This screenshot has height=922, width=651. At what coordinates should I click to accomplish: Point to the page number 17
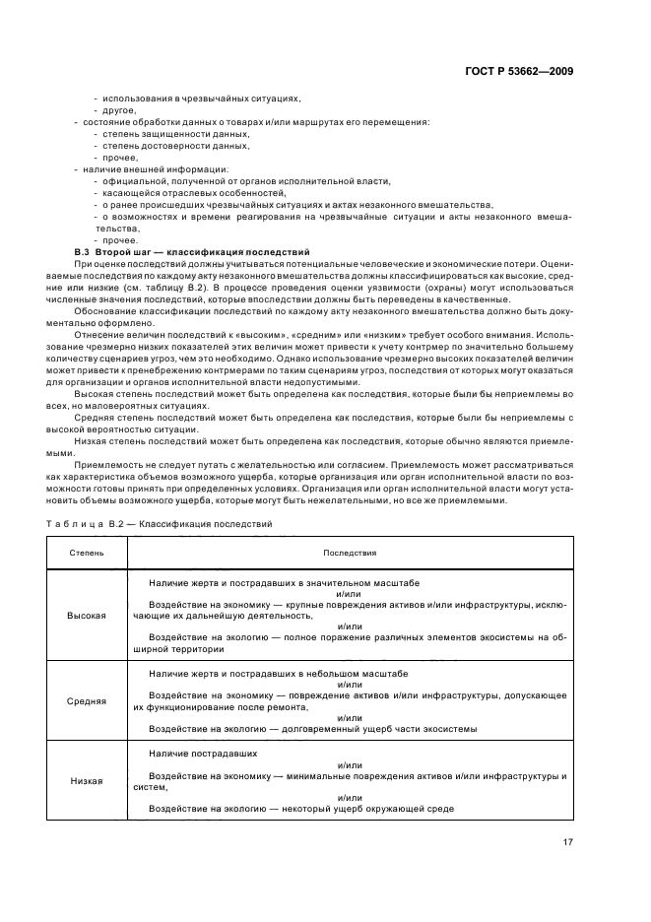coord(568,841)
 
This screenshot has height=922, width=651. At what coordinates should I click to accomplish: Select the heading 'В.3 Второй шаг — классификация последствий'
coord(192,253)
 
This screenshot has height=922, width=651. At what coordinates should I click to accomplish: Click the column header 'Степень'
coord(86,554)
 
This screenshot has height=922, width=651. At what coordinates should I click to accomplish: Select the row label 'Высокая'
coord(86,615)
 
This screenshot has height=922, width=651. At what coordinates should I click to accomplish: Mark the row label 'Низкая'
coord(86,780)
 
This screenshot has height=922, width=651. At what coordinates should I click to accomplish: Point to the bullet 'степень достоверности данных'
coord(175,145)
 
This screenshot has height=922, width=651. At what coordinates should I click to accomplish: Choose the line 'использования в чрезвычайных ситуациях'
coord(200,98)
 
